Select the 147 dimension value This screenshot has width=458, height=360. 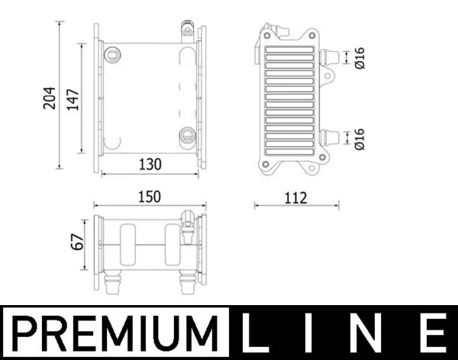tap(73, 97)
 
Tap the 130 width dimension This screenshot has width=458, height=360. tap(150, 163)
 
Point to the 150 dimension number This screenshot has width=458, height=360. tap(150, 197)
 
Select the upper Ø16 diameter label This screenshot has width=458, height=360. tap(360, 57)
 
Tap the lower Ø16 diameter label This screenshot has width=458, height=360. tap(360, 138)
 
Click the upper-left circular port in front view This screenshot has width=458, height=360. tap(113, 55)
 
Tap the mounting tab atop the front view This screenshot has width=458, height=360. tap(184, 33)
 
